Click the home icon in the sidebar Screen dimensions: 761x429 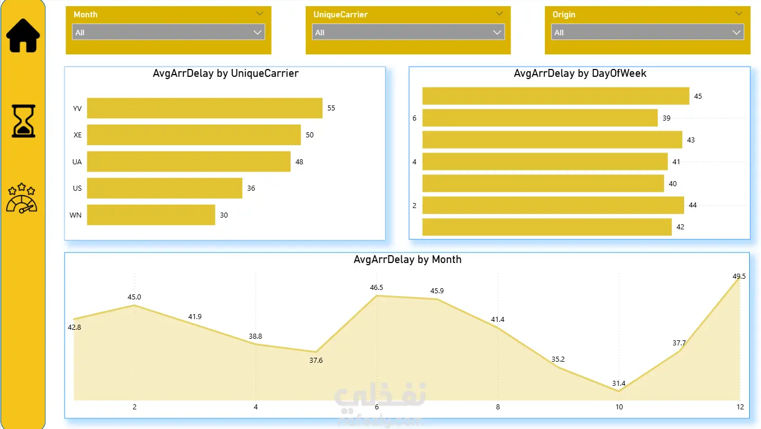pyautogui.click(x=23, y=36)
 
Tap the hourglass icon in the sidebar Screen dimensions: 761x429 pyautogui.click(x=24, y=121)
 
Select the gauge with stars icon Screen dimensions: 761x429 pyautogui.click(x=21, y=198)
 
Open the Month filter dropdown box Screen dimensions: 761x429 pyautogui.click(x=168, y=32)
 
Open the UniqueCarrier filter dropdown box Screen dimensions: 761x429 pyautogui.click(x=409, y=32)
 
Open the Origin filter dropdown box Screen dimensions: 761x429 pyautogui.click(x=648, y=32)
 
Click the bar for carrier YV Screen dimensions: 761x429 pyautogui.click(x=204, y=108)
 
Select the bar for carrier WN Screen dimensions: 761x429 pyautogui.click(x=151, y=215)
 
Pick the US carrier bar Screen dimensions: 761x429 pyautogui.click(x=164, y=188)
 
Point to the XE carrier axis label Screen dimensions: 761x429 pyautogui.click(x=77, y=135)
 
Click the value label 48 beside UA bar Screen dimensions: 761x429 pyautogui.click(x=299, y=162)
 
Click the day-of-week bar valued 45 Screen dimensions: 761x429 pyautogui.click(x=556, y=96)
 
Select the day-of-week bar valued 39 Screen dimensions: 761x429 pyautogui.click(x=540, y=118)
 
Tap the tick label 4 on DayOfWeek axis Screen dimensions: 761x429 pyautogui.click(x=414, y=162)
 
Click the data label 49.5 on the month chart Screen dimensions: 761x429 pyautogui.click(x=739, y=276)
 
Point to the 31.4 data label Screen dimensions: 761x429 pyautogui.click(x=618, y=383)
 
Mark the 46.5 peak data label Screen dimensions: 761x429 pyautogui.click(x=377, y=288)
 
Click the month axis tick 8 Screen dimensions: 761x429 pyautogui.click(x=498, y=407)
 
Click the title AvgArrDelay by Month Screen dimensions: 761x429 pyautogui.click(x=407, y=259)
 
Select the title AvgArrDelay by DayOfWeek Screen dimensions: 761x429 pyautogui.click(x=580, y=73)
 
